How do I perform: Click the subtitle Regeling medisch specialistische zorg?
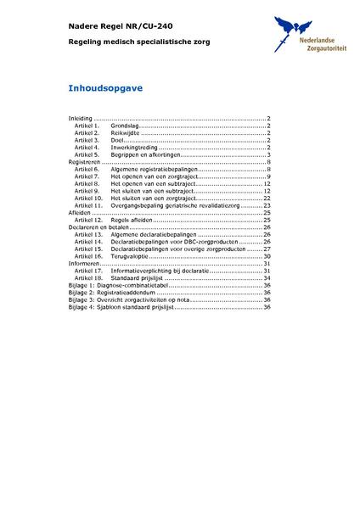point(138,42)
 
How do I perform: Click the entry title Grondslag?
point(125,126)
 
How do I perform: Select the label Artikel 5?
point(87,155)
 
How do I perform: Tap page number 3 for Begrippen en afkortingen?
point(268,155)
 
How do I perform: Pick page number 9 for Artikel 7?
point(268,176)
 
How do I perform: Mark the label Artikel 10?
point(88,199)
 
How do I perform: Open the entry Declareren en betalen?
point(98,227)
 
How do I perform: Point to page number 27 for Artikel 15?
point(267,249)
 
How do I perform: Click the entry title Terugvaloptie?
point(127,255)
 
